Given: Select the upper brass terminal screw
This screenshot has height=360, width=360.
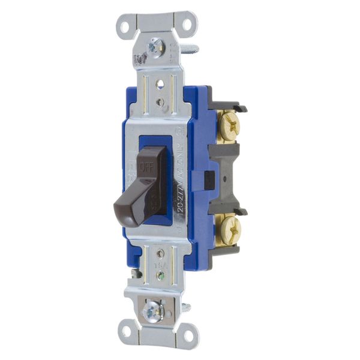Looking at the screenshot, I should click(229, 127).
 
